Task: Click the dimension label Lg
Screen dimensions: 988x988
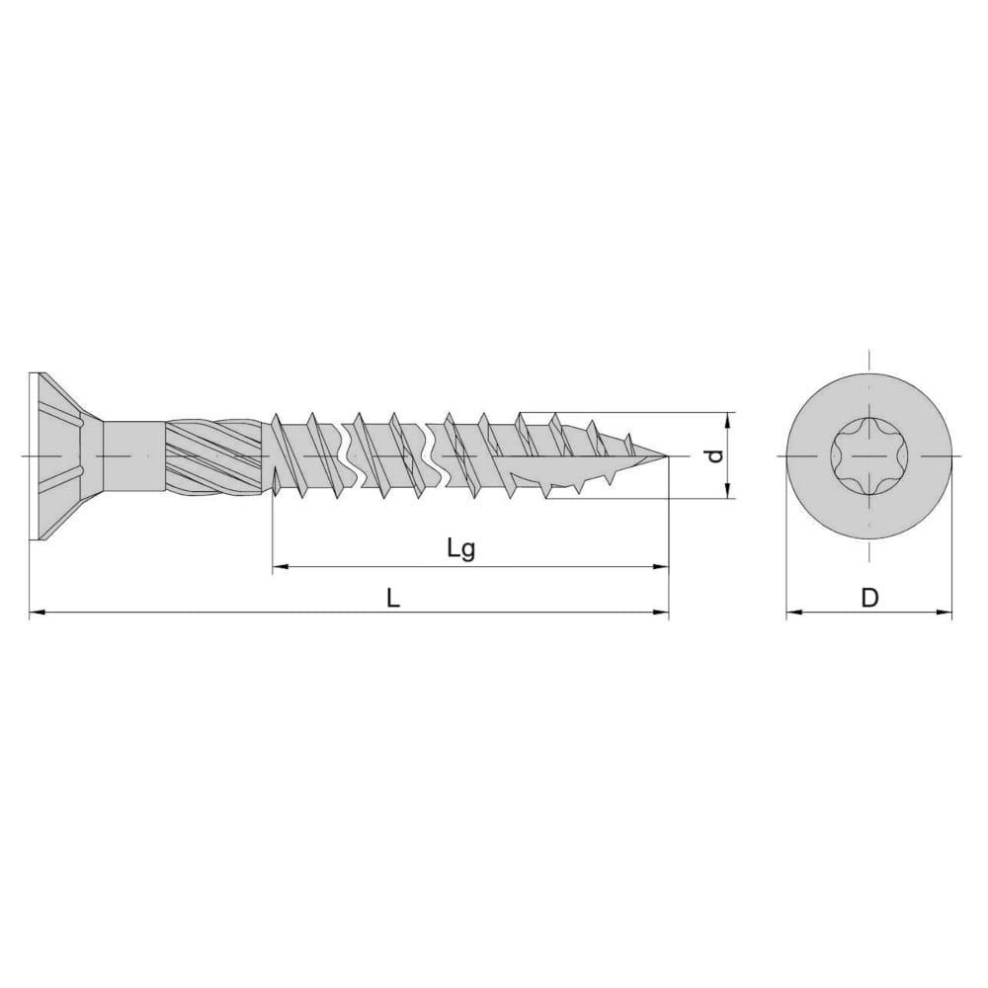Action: coord(461,549)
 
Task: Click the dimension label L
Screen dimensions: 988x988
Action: coord(393,598)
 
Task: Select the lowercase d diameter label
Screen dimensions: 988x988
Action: coord(714,455)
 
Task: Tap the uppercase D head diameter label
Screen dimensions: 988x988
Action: coord(869,598)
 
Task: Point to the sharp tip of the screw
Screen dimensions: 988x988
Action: coord(668,454)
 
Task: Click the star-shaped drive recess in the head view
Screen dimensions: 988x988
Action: coord(868,455)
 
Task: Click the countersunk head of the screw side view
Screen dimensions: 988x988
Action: coord(63,455)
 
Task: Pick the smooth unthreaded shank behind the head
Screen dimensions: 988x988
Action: coord(133,454)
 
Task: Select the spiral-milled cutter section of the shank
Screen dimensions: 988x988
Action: coord(214,454)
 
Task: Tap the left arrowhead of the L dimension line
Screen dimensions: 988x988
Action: coord(36,612)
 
